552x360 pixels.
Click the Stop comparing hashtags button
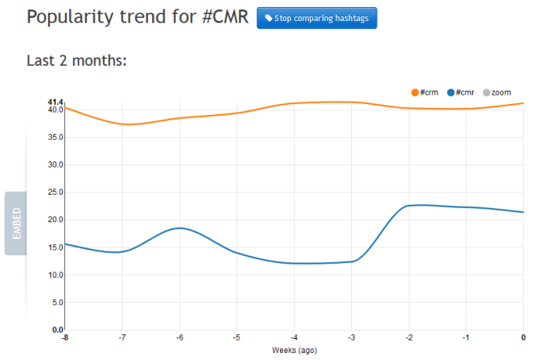[316, 18]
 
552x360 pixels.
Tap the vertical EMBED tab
[16, 223]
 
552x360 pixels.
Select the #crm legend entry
[425, 93]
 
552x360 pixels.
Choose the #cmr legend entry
[461, 93]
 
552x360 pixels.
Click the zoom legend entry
[496, 93]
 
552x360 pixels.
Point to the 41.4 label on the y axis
[54, 102]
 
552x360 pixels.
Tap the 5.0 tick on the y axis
[56, 303]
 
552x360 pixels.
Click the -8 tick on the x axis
[64, 337]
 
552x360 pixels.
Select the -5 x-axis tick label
[236, 337]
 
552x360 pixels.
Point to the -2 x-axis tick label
[409, 337]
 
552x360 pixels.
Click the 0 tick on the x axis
[523, 337]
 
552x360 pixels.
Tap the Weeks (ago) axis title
[295, 350]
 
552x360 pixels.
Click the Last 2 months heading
[76, 61]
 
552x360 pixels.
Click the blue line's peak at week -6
[179, 228]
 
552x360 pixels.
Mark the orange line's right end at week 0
[523, 103]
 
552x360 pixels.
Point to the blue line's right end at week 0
[523, 212]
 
